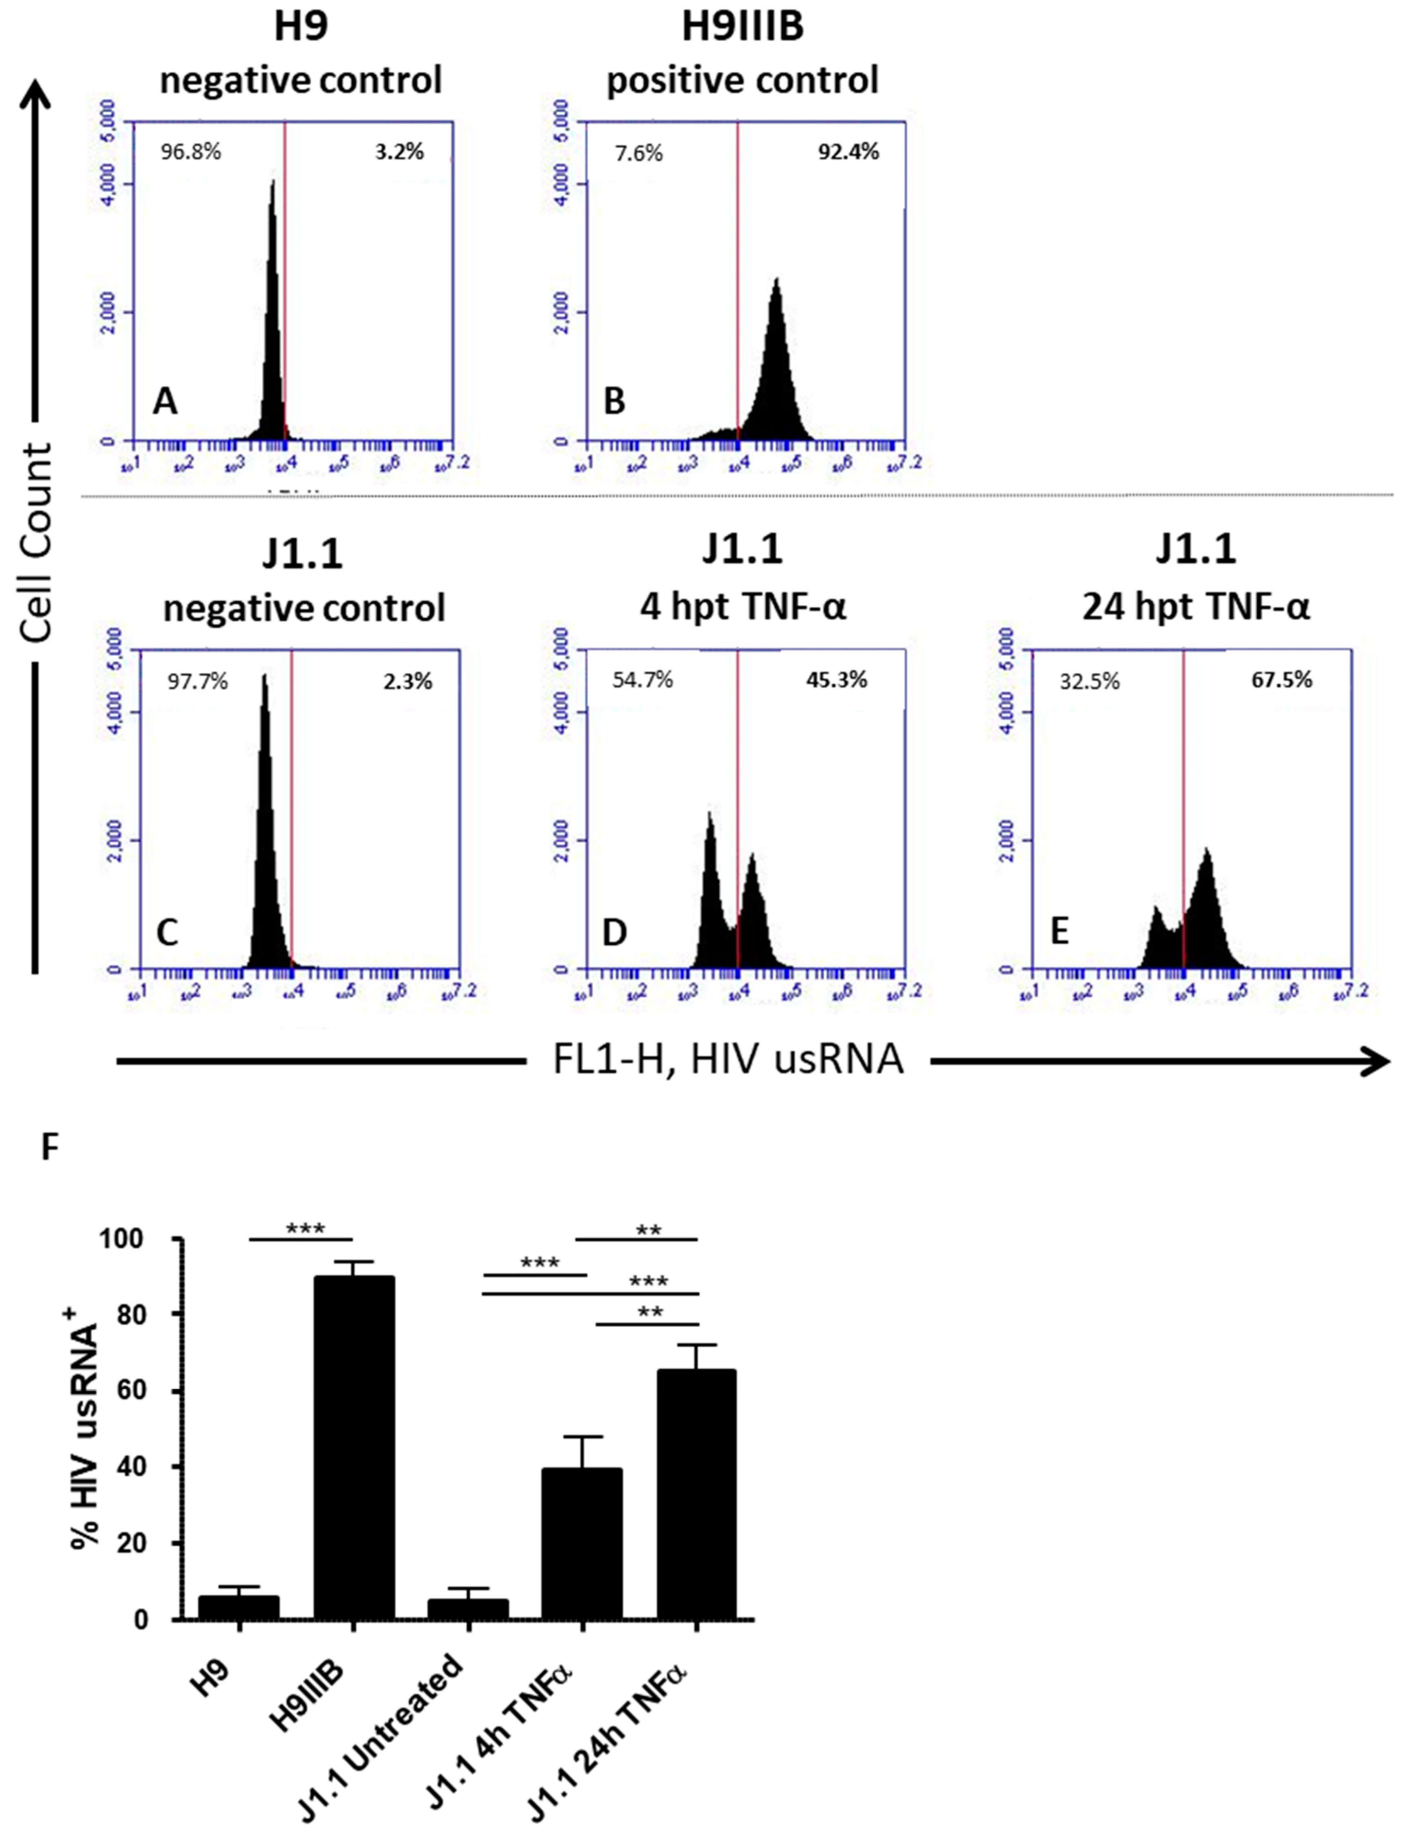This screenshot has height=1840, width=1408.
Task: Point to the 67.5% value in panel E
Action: click(x=1281, y=680)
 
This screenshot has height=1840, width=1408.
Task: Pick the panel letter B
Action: click(x=614, y=402)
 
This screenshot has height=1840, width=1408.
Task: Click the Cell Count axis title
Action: click(x=38, y=545)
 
